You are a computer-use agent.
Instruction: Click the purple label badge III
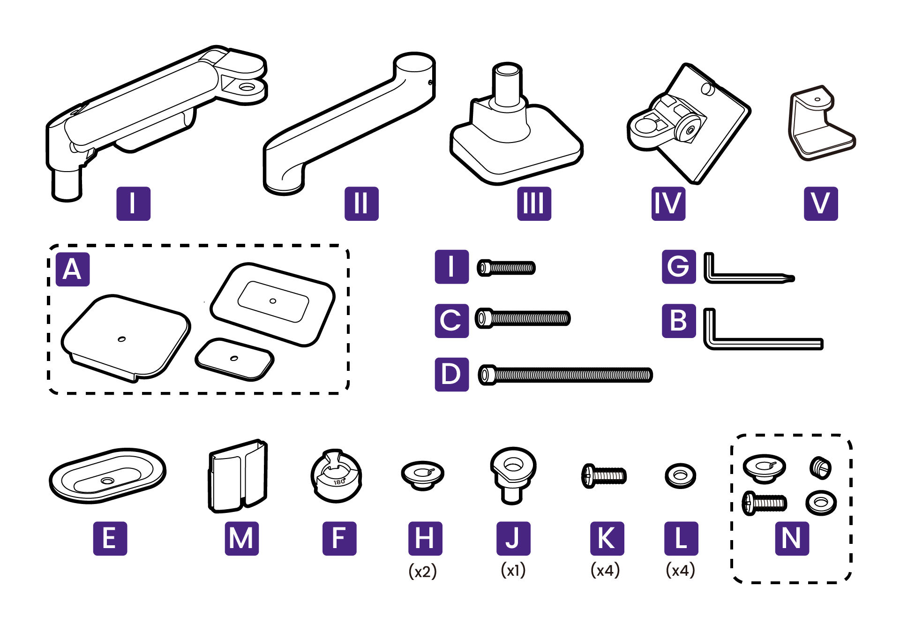coord(534,203)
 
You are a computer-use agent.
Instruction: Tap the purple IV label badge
coord(668,203)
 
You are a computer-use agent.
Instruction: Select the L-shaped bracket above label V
coord(821,123)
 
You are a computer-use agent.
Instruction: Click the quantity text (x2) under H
coord(422,571)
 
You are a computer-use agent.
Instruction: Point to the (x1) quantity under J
coord(513,570)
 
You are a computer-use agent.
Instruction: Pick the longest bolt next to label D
coord(565,375)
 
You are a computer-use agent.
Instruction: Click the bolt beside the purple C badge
coord(523,318)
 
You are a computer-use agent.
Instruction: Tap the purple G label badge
coord(679,267)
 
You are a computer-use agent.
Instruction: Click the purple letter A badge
coord(73,270)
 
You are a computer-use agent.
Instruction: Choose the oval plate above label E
coord(108,475)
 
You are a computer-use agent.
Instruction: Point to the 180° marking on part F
coord(339,482)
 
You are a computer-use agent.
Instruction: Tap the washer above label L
coord(680,476)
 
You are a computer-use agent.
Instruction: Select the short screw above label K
coord(604,476)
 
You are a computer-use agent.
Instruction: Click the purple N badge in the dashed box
coord(792,539)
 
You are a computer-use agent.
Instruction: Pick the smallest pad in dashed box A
coord(234,359)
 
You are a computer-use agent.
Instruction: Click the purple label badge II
coord(361,203)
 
